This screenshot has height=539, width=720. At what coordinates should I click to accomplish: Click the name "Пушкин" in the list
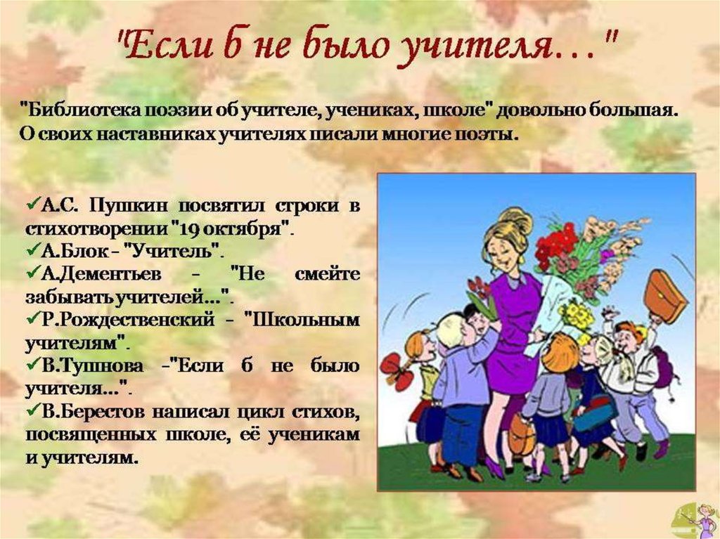[x=129, y=205]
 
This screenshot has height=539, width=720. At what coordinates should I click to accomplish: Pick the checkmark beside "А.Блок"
[x=34, y=249]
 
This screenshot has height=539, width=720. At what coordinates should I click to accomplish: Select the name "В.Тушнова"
[x=92, y=366]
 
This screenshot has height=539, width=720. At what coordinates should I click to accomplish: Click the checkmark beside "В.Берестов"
[x=34, y=410]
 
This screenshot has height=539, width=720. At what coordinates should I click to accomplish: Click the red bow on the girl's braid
[x=396, y=371]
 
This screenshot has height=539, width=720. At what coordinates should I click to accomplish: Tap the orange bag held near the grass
[x=522, y=434]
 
